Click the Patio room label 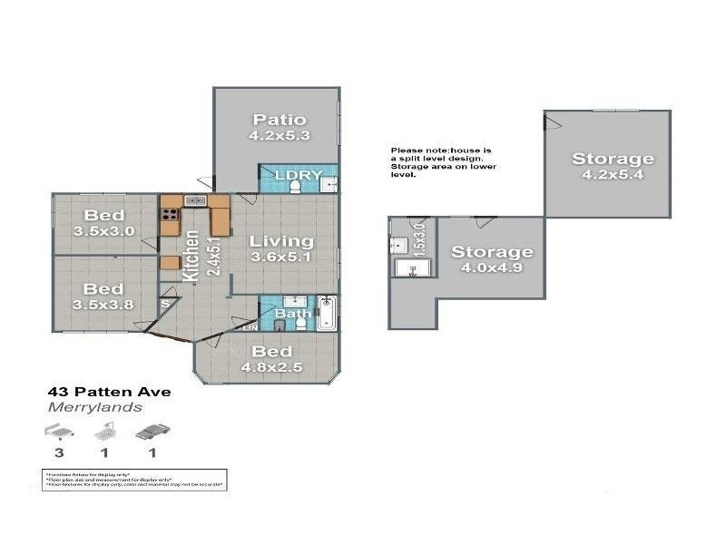279,120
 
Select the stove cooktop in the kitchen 170,215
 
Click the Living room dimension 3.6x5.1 281,258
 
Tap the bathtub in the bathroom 327,314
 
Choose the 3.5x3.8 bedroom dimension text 105,305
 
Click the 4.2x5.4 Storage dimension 612,176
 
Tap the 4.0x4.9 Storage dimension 492,268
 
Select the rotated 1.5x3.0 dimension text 420,238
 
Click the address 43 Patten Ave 109,393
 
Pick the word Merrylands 93,407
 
